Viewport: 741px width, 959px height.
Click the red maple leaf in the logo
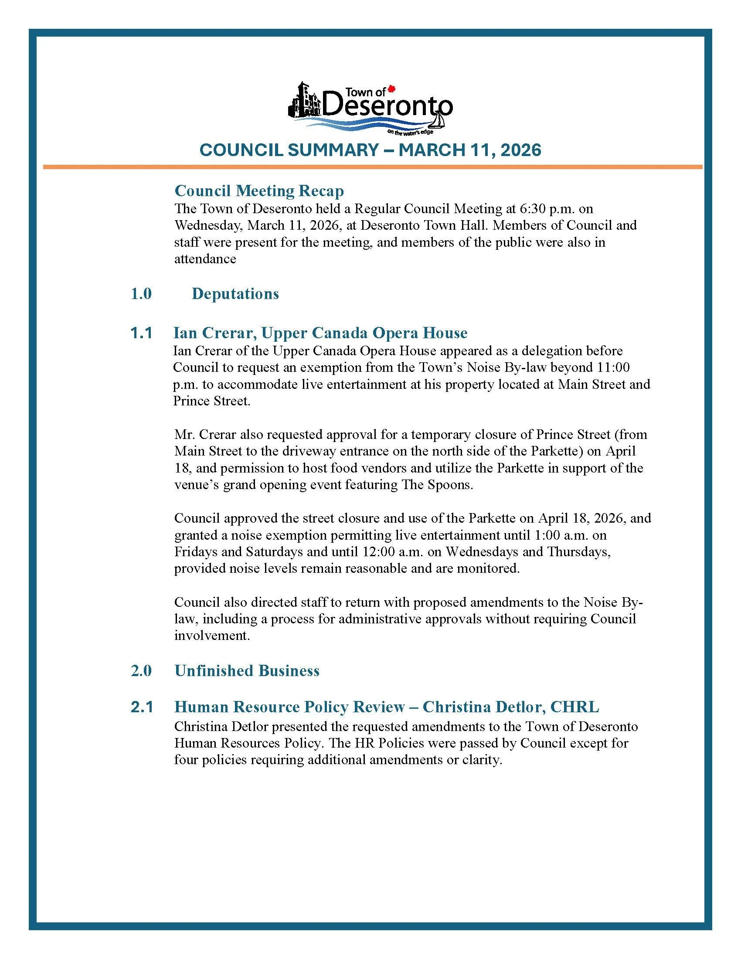click(x=392, y=89)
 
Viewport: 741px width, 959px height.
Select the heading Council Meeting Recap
click(x=259, y=190)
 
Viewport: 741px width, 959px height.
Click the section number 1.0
click(x=141, y=294)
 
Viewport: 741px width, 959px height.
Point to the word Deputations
click(x=235, y=294)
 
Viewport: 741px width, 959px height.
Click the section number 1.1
click(x=141, y=333)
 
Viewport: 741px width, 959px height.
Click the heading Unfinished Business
click(x=247, y=670)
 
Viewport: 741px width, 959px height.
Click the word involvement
click(x=211, y=636)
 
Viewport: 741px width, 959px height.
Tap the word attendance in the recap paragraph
click(x=205, y=259)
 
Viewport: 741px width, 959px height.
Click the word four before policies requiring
click(x=186, y=760)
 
